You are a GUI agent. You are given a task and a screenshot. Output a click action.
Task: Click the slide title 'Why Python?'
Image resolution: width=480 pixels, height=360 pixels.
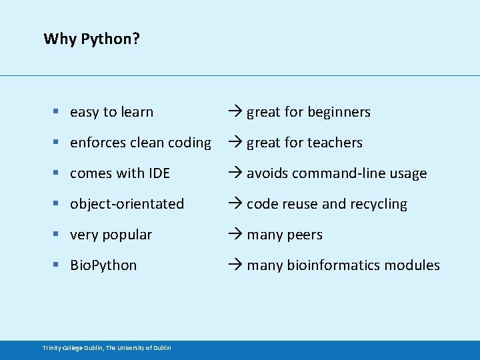(91, 39)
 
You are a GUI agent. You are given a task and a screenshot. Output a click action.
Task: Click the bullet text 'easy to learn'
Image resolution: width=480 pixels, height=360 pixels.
(111, 112)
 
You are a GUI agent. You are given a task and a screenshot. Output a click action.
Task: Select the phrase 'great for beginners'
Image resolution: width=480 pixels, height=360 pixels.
(308, 112)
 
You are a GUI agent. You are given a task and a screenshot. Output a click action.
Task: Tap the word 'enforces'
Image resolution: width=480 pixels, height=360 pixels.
(97, 143)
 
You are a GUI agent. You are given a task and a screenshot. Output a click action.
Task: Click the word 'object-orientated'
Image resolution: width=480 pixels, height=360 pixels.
(127, 204)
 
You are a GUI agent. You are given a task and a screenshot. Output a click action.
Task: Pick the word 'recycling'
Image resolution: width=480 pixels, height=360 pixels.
(378, 204)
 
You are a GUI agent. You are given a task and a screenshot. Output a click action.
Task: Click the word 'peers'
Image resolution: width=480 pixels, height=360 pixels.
(305, 235)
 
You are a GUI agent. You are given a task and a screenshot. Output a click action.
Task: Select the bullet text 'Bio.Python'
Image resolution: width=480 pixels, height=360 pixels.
(103, 265)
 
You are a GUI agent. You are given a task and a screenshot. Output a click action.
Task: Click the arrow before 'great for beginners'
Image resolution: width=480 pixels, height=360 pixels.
(235, 112)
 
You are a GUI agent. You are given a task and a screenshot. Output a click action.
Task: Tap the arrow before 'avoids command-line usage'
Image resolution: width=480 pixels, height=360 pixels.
(235, 173)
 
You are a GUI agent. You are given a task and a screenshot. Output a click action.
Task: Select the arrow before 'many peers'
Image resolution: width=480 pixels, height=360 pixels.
(235, 235)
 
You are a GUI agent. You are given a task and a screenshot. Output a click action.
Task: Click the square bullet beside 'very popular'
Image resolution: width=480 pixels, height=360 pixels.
(58, 235)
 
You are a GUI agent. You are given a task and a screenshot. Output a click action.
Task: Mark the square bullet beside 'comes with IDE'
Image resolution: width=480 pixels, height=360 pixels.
(58, 174)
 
